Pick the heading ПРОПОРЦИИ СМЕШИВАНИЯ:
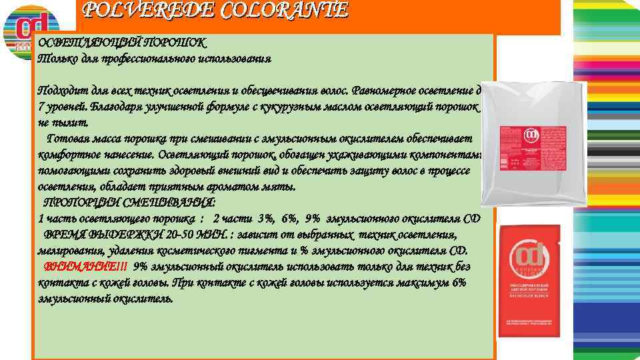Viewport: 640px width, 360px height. (129, 203)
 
